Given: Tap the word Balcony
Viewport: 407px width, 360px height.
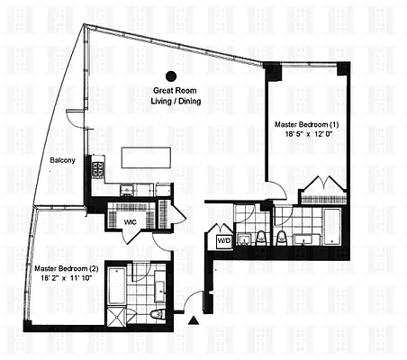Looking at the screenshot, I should click(62, 160).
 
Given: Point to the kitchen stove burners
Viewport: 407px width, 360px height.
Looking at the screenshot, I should click(96, 168).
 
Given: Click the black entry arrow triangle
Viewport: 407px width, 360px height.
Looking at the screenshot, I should click(194, 319).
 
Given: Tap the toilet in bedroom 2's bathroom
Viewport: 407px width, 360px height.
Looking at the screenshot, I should click(158, 314).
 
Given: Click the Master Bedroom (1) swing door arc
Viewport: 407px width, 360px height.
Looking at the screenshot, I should click(279, 191).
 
